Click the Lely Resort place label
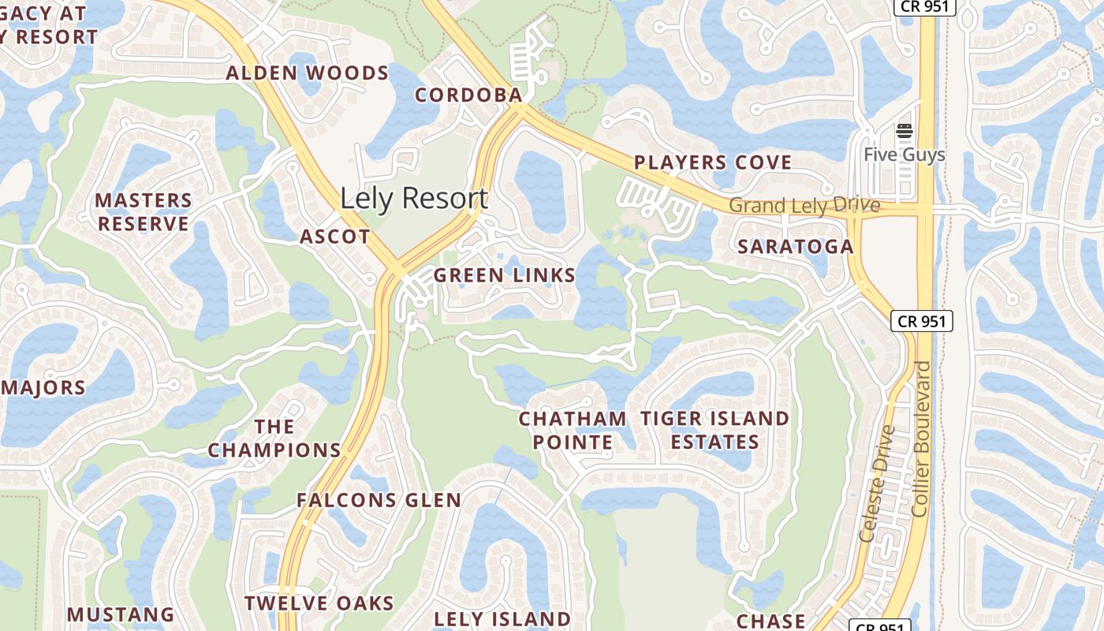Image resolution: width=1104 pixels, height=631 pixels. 414,198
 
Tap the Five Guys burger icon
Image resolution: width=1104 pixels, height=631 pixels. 904,131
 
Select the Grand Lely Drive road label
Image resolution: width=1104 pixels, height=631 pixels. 804,206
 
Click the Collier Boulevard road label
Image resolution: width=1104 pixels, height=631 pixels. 920,439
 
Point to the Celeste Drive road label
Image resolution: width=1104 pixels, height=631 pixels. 878,484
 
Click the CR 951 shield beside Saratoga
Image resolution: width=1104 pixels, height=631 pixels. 922,321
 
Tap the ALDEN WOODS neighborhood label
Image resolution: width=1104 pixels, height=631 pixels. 308,74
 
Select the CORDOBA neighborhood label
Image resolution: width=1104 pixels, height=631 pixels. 468,95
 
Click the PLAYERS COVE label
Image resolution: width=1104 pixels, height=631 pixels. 713,163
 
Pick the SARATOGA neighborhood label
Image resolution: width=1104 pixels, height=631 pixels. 795,247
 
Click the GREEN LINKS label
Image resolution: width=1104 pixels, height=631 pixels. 505,276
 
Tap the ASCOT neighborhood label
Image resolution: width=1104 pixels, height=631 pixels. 335,237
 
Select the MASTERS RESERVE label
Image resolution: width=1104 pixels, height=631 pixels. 144,212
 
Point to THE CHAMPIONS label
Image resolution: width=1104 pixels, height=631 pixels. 274,439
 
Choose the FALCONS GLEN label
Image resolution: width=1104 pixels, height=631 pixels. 379,500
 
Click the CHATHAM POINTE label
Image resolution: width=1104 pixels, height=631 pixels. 573,431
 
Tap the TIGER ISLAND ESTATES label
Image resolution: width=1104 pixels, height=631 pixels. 714,431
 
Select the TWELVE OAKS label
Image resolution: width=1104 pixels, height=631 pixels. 319,604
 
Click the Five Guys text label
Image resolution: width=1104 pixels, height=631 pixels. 904,155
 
